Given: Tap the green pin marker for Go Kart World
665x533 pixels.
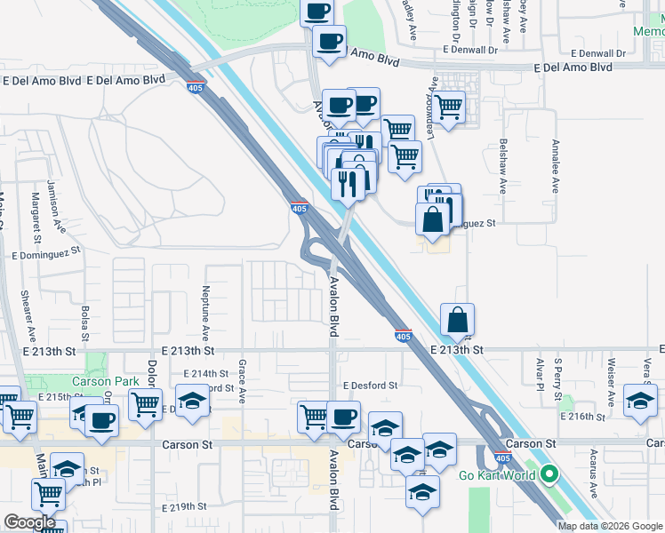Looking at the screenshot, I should [x=549, y=474].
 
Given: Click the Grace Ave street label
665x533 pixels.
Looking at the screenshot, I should [x=242, y=380].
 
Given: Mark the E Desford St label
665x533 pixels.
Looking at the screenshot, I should [x=369, y=386].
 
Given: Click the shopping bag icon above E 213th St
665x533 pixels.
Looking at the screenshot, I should [x=457, y=319].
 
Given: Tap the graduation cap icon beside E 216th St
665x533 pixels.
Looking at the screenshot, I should [x=639, y=400].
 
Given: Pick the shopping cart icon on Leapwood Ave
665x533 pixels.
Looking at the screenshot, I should [x=449, y=107].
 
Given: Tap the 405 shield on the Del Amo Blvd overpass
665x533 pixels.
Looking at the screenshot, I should [x=195, y=86].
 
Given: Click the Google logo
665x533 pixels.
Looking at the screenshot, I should [x=29, y=522].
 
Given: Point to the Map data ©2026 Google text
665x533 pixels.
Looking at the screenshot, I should [x=611, y=526].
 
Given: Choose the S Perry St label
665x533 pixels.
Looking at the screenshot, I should [x=557, y=373].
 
